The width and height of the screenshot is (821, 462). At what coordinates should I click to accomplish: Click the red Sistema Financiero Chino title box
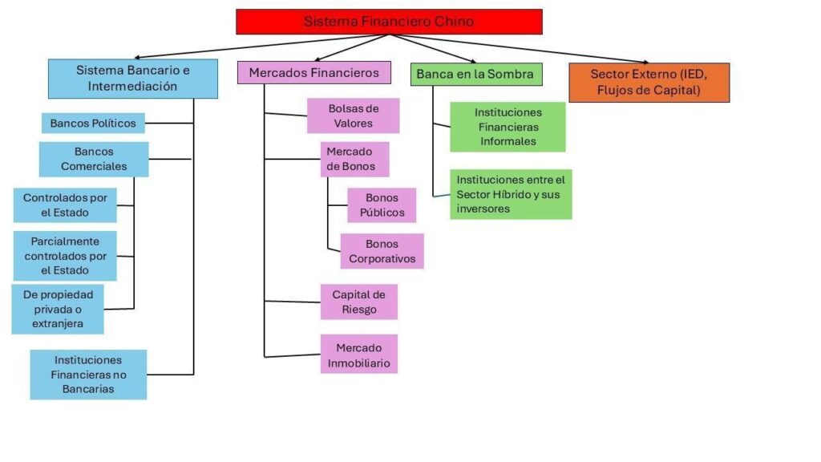click(x=389, y=22)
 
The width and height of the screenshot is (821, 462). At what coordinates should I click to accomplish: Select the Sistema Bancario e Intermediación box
click(x=133, y=79)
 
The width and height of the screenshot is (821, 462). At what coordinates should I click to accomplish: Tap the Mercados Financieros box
click(x=313, y=73)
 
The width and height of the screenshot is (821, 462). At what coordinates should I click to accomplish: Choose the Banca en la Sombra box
click(x=475, y=74)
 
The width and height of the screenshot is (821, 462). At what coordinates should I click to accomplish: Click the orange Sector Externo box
click(x=649, y=83)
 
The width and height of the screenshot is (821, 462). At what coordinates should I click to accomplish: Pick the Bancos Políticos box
click(x=93, y=123)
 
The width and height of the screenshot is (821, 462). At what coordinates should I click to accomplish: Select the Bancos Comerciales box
click(x=94, y=159)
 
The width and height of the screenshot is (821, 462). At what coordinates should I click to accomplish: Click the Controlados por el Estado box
click(x=65, y=205)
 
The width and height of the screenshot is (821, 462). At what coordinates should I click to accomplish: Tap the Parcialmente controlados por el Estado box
click(x=65, y=256)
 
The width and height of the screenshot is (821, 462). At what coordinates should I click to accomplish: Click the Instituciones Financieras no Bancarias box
click(x=88, y=375)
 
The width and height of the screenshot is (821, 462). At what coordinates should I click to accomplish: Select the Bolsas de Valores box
click(x=353, y=115)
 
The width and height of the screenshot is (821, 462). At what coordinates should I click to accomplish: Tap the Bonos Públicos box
click(x=382, y=205)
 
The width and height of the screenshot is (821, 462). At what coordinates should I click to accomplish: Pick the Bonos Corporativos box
click(x=382, y=251)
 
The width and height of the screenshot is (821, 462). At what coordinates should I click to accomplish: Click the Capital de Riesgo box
click(x=359, y=302)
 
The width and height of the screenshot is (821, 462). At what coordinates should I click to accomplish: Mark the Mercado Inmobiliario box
click(x=359, y=355)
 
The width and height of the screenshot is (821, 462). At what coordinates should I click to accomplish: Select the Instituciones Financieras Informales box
click(x=508, y=127)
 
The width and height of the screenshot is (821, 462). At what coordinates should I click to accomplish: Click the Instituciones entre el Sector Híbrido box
click(x=511, y=194)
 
